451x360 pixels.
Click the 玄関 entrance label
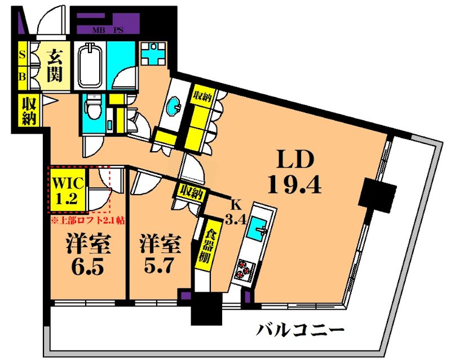pyautogui.click(x=54, y=66)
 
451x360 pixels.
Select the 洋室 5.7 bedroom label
pyautogui.click(x=161, y=256)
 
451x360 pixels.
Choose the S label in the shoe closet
pyautogui.click(x=23, y=55)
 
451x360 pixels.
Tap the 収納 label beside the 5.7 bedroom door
pyautogui.click(x=191, y=192)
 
